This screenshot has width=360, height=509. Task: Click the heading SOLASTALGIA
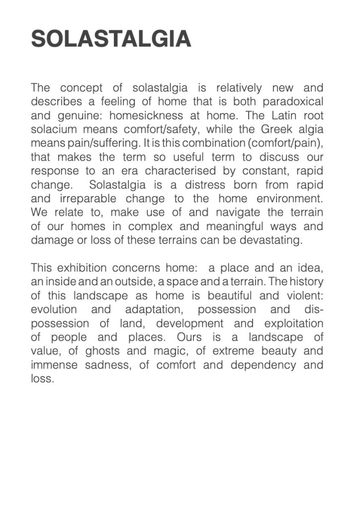pos(111,39)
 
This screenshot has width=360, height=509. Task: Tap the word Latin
pos(279,116)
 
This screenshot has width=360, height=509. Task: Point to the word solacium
pos(56,130)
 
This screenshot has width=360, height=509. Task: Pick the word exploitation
pos(293,324)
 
